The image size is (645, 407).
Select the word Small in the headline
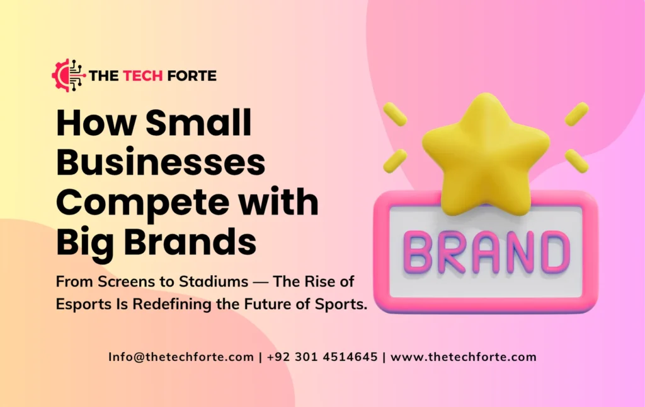tap(199, 123)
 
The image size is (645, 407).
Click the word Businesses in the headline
tap(160, 163)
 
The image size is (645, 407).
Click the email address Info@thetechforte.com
tap(181, 357)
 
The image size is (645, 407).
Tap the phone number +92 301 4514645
tap(322, 357)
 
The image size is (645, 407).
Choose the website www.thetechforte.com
tap(464, 357)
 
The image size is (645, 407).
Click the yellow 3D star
tap(485, 151)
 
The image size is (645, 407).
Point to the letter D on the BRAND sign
tap(554, 251)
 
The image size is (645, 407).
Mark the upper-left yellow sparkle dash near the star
tap(396, 114)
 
